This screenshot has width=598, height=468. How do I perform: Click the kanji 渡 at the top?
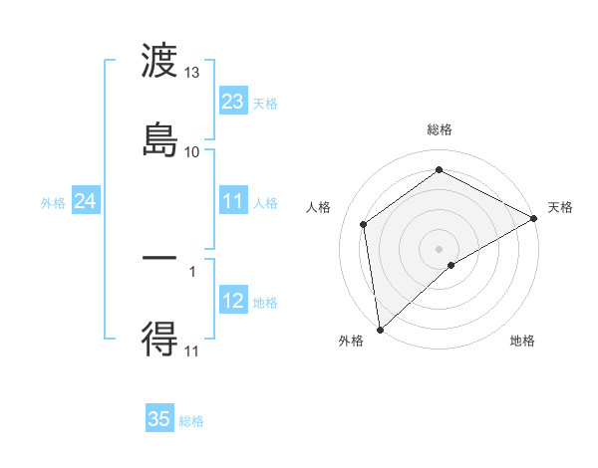click(x=159, y=62)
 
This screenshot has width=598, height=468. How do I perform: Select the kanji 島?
click(x=159, y=138)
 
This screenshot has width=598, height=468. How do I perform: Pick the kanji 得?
click(x=159, y=340)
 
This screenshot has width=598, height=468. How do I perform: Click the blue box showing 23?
click(x=232, y=101)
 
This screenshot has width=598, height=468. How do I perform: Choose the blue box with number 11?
click(x=232, y=201)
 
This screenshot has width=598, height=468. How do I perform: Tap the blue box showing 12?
click(x=232, y=301)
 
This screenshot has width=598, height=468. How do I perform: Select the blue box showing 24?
click(x=85, y=201)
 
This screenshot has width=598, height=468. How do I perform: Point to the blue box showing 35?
click(x=159, y=419)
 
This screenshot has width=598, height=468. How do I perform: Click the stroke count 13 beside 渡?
click(x=192, y=73)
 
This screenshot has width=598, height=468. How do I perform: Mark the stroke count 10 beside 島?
click(x=192, y=151)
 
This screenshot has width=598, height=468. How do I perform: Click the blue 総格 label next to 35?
click(x=192, y=421)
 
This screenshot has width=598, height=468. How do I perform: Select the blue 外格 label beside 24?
click(x=53, y=202)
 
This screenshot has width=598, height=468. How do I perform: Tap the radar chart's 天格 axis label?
click(x=560, y=207)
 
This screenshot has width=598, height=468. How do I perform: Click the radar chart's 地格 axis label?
click(x=522, y=342)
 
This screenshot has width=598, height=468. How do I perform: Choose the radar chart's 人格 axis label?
click(x=319, y=207)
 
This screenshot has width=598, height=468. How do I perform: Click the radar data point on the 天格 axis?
click(x=534, y=218)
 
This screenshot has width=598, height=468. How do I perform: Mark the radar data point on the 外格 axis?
click(x=380, y=330)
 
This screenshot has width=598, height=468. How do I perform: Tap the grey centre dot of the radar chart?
click(x=439, y=248)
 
